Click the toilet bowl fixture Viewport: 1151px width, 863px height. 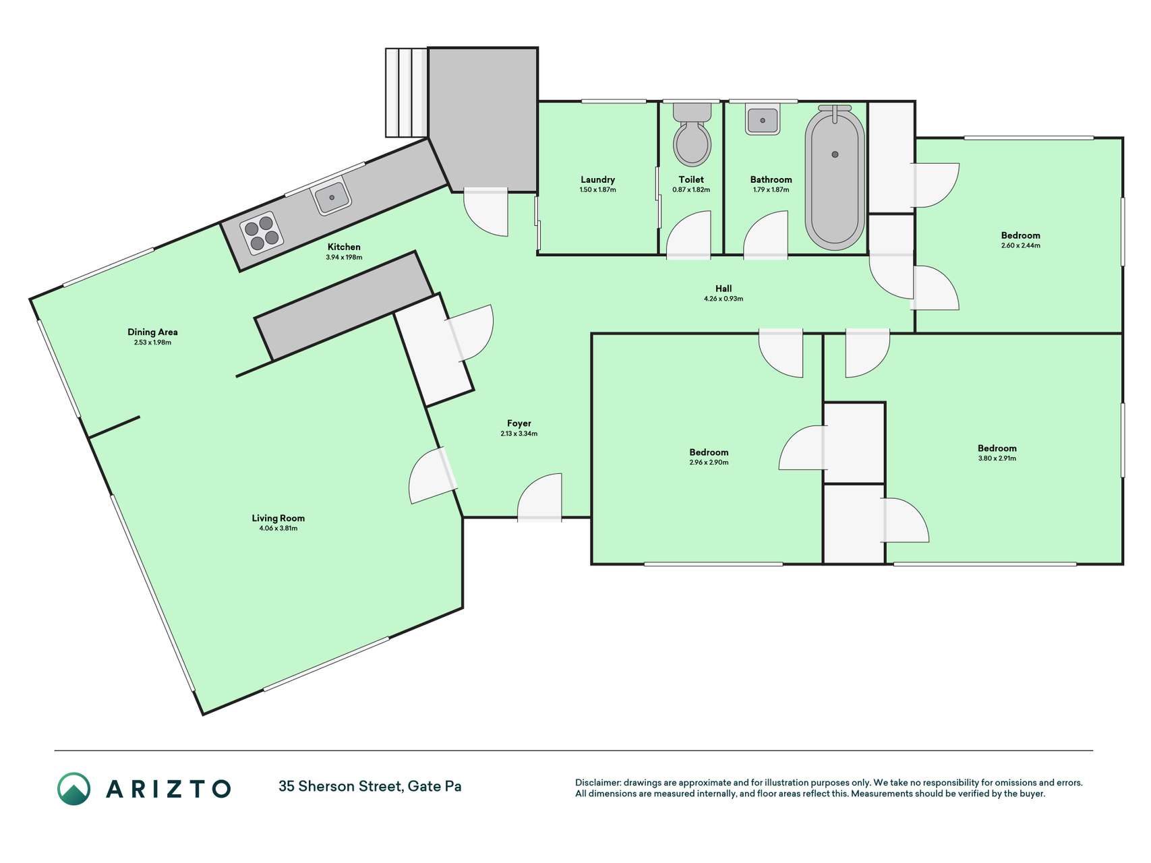(x=692, y=135)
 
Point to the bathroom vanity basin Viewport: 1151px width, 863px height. (x=763, y=119)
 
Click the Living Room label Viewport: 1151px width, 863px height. (x=278, y=518)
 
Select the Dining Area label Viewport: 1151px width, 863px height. (x=152, y=332)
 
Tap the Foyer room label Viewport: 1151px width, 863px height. (x=519, y=423)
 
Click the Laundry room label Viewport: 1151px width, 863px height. (x=597, y=179)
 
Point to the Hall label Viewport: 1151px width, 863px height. (x=724, y=289)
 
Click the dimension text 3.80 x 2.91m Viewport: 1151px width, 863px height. (x=997, y=458)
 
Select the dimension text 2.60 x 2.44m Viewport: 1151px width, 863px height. (x=1021, y=245)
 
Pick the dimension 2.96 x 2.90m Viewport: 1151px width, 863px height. (x=709, y=463)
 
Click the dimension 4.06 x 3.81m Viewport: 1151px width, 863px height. (x=278, y=529)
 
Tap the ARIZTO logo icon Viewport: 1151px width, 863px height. (x=73, y=788)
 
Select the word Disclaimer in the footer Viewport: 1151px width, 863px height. (x=597, y=783)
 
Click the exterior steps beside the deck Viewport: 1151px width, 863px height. (x=407, y=92)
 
